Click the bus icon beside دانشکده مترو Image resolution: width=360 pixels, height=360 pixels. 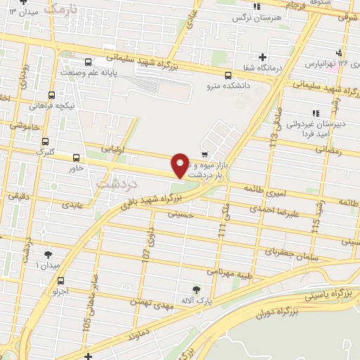tap(228, 76)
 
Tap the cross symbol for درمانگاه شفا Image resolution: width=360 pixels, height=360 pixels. tap(262, 57)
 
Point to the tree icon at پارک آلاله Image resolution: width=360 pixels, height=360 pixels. tap(196, 289)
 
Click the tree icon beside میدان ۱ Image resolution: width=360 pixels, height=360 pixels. tap(47, 255)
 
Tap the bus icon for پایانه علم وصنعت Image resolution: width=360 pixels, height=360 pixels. tap(89, 63)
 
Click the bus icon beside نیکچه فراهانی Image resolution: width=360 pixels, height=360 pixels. tap(51, 95)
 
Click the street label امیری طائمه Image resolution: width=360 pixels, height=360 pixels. tap(264, 189)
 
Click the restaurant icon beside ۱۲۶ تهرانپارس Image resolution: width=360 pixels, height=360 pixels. tap(340, 53)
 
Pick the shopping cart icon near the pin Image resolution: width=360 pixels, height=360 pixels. tap(204, 154)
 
